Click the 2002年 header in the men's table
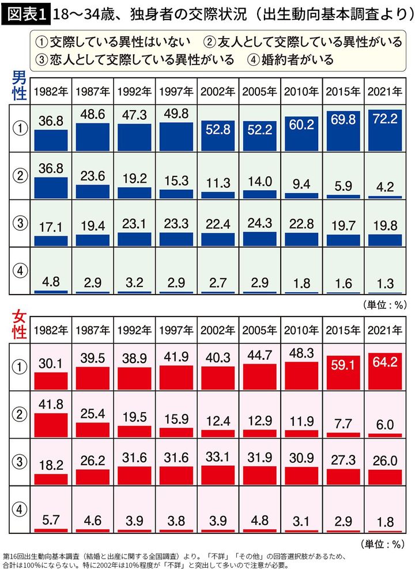218,92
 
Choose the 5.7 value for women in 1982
51,518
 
